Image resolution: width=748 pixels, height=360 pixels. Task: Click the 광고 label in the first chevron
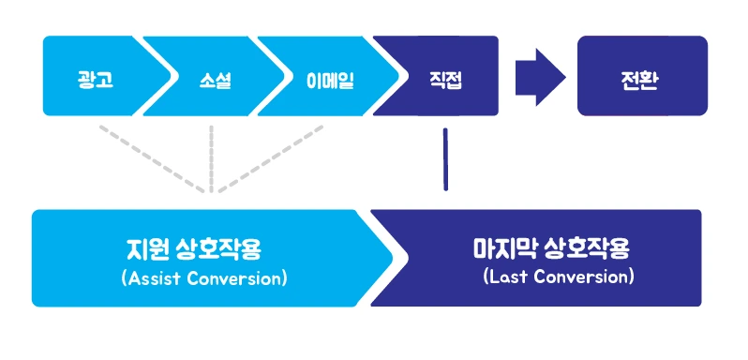(96, 81)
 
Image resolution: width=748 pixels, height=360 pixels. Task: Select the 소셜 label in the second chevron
(216, 81)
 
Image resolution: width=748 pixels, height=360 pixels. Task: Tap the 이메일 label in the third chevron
(330, 81)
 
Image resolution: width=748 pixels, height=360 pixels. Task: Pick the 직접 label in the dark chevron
(445, 81)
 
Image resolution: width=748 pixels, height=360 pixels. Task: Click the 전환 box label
(642, 81)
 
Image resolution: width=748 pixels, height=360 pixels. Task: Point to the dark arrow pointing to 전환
(540, 77)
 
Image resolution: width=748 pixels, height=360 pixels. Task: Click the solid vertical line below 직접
(445, 159)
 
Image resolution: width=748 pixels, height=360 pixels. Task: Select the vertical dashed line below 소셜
(211, 158)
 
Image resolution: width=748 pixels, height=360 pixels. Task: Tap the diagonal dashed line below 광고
(153, 158)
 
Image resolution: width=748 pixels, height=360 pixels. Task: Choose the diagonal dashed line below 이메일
(271, 158)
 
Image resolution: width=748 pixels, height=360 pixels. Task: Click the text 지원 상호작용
(194, 249)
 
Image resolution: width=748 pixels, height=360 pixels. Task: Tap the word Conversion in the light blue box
(236, 278)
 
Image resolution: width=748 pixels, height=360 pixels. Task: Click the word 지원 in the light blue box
(146, 249)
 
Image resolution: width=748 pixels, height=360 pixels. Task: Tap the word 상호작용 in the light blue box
(218, 249)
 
